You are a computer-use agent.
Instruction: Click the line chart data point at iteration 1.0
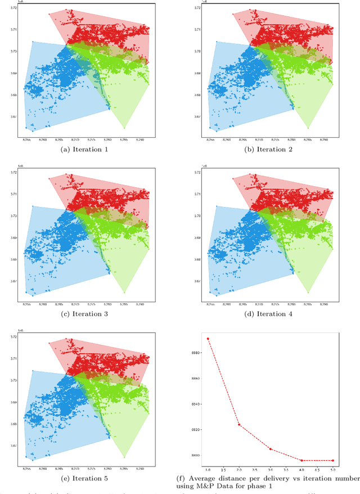tap(208, 339)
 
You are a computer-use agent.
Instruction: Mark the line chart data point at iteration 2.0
tap(239, 424)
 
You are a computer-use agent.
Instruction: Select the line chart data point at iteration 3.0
tap(270, 449)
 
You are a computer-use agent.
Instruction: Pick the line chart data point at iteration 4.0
tap(301, 460)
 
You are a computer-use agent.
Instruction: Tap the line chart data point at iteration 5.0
tap(332, 460)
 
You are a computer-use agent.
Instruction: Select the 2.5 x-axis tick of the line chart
tap(254, 469)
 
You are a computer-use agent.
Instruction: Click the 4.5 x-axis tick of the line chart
tap(317, 469)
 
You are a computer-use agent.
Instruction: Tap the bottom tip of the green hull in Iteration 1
tap(124, 128)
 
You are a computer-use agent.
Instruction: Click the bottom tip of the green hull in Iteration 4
tap(308, 293)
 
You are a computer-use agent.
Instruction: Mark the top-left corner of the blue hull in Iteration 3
tap(33, 206)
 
